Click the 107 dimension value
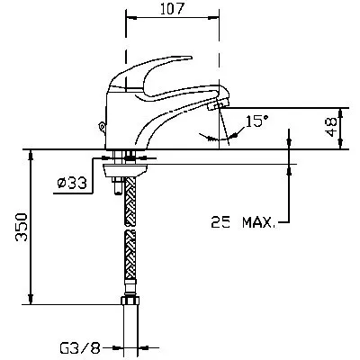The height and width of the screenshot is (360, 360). [x=172, y=9]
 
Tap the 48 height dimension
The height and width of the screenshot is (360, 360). [x=332, y=127]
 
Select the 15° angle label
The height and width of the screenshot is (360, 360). [x=256, y=121]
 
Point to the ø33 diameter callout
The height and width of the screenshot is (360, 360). [x=72, y=183]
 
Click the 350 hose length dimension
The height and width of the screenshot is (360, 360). [x=22, y=227]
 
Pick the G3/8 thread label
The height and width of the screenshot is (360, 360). [x=80, y=348]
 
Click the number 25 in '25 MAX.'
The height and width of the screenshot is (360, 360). [x=220, y=222]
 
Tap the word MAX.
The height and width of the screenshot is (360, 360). [x=258, y=222]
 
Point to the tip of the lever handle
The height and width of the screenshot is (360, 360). [x=190, y=57]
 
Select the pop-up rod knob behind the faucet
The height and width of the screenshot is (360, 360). [x=103, y=127]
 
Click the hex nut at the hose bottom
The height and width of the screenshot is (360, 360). [x=130, y=301]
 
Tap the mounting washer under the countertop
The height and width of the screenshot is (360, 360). [x=125, y=170]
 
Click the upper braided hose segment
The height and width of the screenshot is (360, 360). [x=130, y=202]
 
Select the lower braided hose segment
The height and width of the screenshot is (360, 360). [x=130, y=255]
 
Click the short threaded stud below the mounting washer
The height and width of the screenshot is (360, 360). [x=117, y=185]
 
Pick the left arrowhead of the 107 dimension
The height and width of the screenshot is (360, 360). [x=130, y=18]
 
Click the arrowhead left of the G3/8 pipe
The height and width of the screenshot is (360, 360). [x=118, y=348]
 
